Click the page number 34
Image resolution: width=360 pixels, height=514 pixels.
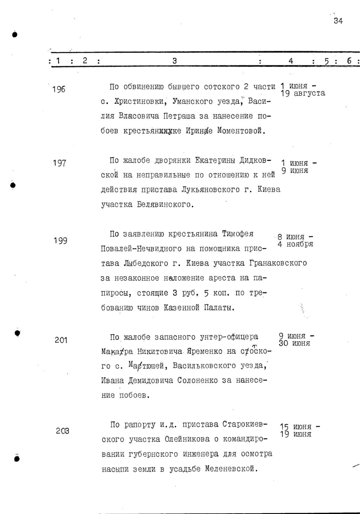(338, 21)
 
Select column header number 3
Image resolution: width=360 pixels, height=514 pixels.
(175, 61)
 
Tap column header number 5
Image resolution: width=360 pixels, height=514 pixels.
(326, 62)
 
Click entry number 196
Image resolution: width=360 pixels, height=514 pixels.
(58, 89)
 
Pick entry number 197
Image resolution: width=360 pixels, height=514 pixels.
(59, 163)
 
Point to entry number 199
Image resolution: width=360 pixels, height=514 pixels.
(60, 241)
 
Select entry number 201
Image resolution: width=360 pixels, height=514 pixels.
(61, 340)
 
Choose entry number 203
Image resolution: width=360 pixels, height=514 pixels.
(62, 431)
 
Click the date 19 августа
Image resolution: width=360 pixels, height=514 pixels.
(303, 94)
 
